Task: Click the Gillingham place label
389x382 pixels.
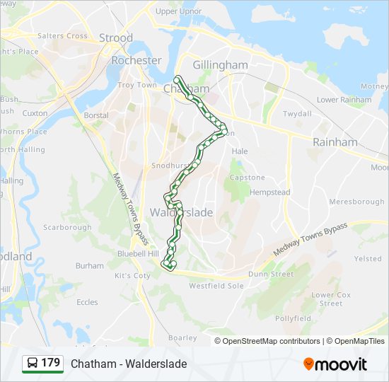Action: click(x=220, y=65)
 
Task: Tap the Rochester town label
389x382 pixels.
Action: click(x=137, y=61)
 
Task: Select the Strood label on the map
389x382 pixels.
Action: click(x=115, y=37)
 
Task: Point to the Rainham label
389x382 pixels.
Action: click(x=335, y=142)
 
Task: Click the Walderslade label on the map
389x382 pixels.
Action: click(x=181, y=212)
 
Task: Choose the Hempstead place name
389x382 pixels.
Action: click(x=270, y=192)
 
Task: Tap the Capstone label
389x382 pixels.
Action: click(x=246, y=178)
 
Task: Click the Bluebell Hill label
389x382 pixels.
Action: click(x=139, y=253)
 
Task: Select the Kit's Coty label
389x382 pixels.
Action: click(x=133, y=275)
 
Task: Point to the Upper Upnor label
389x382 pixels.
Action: click(x=178, y=11)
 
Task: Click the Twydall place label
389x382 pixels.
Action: click(x=297, y=114)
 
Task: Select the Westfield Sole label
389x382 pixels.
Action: click(x=216, y=286)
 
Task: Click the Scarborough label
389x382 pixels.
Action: click(x=67, y=228)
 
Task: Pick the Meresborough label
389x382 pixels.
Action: click(x=356, y=202)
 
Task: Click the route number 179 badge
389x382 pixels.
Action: click(x=51, y=363)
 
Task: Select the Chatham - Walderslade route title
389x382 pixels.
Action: click(x=129, y=364)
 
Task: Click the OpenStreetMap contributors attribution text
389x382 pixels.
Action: click(x=272, y=341)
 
